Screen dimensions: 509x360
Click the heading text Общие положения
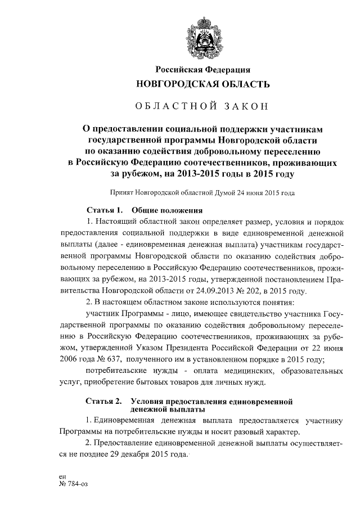[x=164, y=210]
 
